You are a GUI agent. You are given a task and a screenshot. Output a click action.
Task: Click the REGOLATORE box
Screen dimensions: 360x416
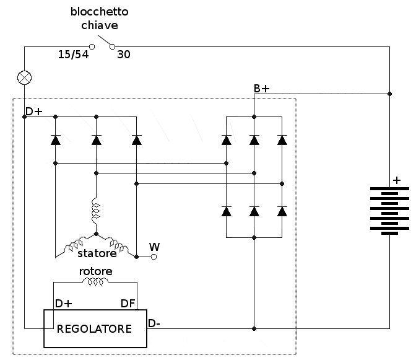94,328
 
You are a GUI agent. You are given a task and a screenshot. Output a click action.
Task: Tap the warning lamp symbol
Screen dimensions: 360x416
24,77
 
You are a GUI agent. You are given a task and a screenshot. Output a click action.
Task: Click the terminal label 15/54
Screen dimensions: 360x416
73,55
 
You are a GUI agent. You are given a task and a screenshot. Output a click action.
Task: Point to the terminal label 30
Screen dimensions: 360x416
124,55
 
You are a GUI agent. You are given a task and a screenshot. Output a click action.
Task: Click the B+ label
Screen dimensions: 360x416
261,89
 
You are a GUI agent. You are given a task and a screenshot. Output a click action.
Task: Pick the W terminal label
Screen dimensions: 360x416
154,247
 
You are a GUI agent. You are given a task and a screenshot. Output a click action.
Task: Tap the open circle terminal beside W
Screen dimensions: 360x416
154,257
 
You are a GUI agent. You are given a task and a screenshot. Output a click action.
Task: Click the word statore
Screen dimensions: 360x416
97,253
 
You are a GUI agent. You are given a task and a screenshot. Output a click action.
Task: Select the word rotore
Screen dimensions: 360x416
95,271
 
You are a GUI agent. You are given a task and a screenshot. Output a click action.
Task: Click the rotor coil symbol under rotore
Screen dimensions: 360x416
95,283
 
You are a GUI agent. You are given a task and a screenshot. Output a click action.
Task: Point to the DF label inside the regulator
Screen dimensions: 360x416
128,303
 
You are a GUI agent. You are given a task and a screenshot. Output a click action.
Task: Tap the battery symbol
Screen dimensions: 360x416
389,210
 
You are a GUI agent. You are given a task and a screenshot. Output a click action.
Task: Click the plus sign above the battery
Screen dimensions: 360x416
396,180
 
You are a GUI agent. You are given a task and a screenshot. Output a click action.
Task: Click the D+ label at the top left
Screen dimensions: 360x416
34,112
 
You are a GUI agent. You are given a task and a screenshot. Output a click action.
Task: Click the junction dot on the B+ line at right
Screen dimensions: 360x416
389,94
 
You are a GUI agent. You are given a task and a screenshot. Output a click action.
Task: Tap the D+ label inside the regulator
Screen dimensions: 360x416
64,303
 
